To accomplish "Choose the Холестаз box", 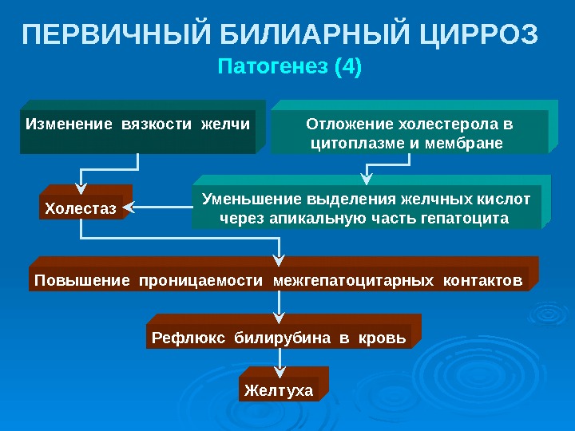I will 81,209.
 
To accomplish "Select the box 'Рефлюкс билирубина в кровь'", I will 280,338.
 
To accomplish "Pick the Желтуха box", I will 279,389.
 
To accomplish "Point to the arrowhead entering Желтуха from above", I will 279,370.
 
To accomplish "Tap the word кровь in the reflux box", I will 384,338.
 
